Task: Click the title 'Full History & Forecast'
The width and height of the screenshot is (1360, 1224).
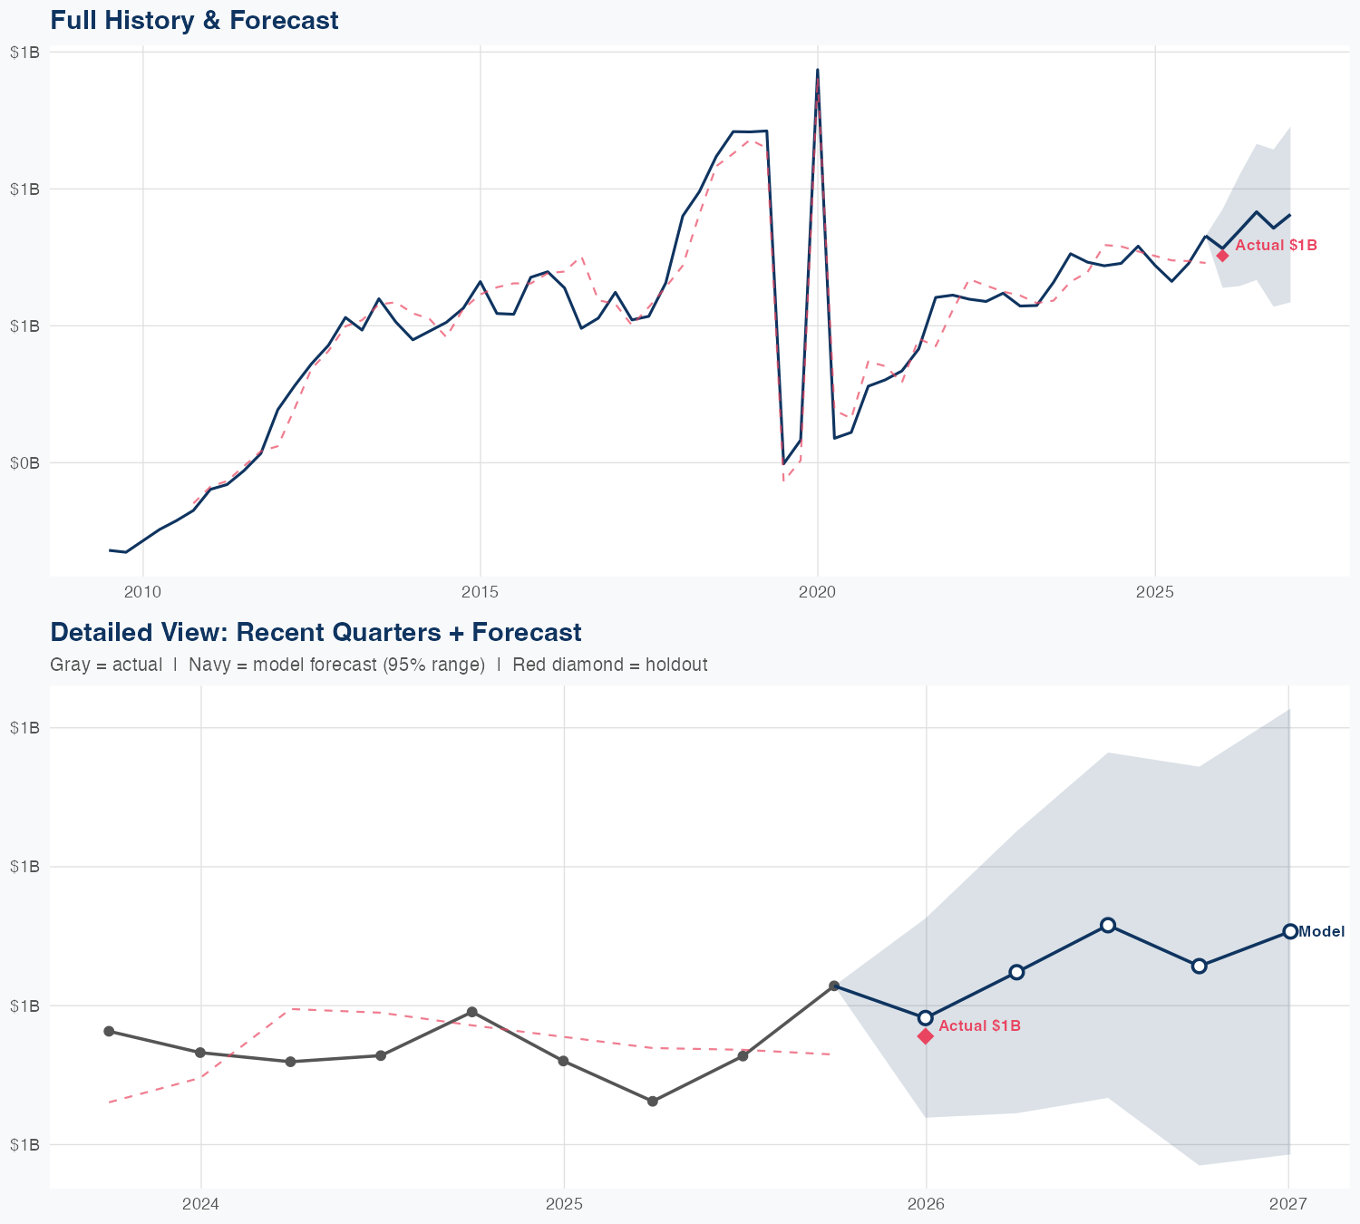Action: click(194, 20)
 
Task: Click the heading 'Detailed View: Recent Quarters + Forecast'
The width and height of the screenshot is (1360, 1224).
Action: click(316, 632)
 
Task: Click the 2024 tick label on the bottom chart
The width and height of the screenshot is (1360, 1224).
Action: click(200, 1204)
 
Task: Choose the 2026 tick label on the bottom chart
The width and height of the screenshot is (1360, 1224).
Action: click(926, 1204)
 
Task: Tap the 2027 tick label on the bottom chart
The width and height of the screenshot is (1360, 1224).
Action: click(1287, 1204)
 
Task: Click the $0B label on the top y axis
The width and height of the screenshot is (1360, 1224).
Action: click(24, 462)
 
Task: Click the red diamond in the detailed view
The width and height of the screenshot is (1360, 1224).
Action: click(926, 1036)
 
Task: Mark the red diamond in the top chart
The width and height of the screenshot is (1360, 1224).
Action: click(1222, 256)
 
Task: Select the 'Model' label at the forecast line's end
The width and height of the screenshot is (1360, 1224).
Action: click(1321, 931)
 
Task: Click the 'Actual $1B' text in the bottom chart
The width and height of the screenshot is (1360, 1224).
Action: click(979, 1025)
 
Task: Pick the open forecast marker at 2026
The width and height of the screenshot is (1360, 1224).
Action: click(926, 1017)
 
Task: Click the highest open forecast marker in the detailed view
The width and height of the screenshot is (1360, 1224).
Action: click(1107, 925)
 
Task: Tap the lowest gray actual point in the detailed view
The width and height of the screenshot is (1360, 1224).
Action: click(652, 1101)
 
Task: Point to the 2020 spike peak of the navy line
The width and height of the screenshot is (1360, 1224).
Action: click(817, 70)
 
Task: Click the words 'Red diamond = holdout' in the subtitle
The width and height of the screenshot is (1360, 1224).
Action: click(609, 665)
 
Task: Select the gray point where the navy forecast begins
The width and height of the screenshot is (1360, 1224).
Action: click(834, 986)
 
